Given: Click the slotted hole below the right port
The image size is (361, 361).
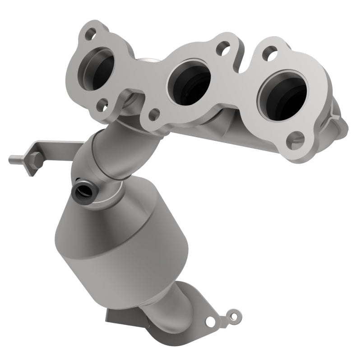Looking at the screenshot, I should pos(294,136).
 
